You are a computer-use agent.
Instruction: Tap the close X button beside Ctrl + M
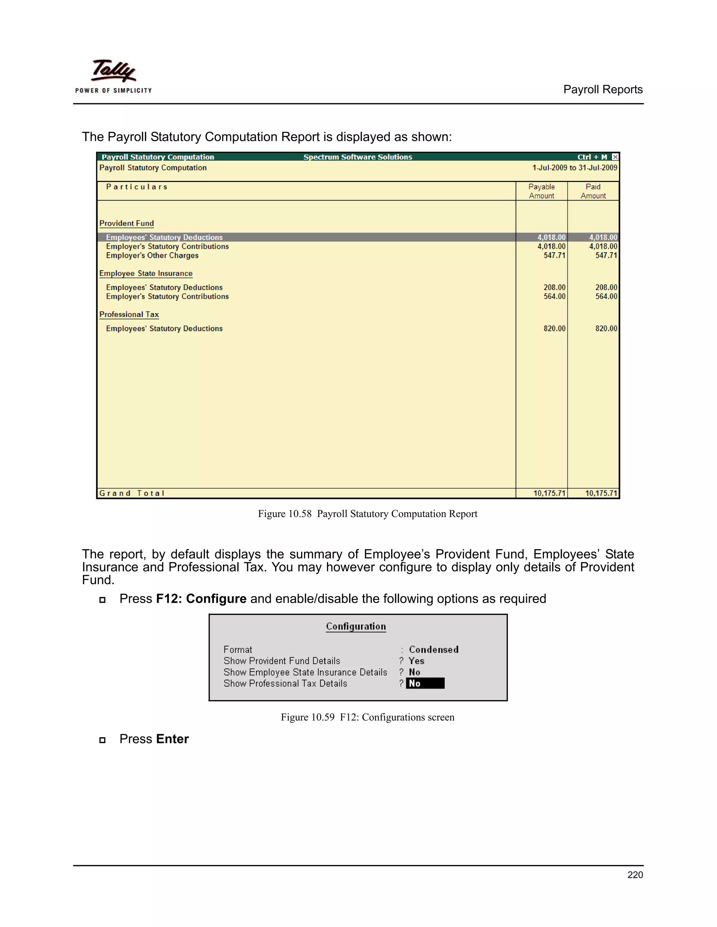[615, 157]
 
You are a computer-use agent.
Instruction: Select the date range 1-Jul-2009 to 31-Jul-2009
[574, 168]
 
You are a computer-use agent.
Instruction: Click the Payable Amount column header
[541, 191]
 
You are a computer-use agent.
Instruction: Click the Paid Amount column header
[593, 191]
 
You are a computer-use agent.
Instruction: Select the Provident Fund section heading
[127, 223]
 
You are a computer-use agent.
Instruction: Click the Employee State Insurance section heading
[146, 273]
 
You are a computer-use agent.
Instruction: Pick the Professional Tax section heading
[129, 314]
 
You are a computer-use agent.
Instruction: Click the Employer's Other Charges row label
[152, 255]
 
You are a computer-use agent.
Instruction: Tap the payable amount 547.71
[554, 255]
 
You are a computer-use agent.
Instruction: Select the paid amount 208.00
[606, 287]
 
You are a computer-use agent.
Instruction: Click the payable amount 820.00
[554, 328]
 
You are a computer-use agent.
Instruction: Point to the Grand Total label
[132, 493]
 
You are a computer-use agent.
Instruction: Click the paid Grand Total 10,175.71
[601, 493]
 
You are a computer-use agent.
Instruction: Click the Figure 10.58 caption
[367, 514]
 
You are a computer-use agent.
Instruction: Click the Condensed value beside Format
[433, 649]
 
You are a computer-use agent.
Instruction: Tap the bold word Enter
[172, 739]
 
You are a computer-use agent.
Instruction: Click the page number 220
[635, 875]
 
